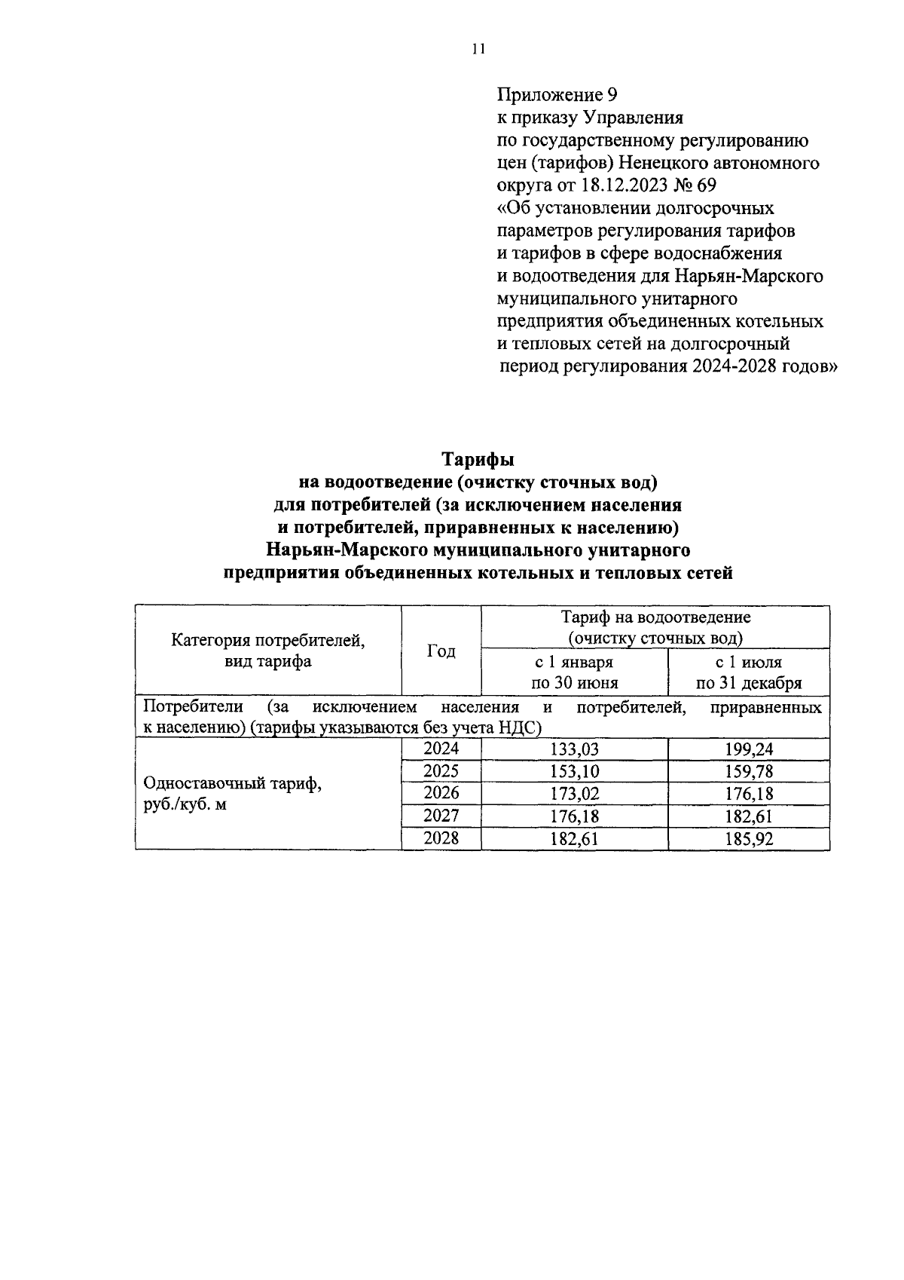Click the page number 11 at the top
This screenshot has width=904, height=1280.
478,50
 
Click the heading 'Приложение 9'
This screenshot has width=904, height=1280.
557,95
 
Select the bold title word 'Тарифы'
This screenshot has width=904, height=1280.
478,460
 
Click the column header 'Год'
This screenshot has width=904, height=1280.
441,651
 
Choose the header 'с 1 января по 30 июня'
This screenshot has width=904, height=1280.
574,672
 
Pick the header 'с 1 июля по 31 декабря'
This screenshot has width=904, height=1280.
748,672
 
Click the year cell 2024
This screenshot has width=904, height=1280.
441,749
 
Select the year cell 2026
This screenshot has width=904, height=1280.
441,794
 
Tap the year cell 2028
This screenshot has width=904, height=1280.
441,838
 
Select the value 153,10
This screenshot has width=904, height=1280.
574,772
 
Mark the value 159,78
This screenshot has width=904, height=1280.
749,772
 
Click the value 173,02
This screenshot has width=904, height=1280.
574,794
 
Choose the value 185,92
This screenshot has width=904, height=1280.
749,839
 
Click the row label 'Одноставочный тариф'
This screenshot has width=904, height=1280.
233,783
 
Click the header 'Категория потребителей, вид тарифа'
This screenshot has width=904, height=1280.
268,651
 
